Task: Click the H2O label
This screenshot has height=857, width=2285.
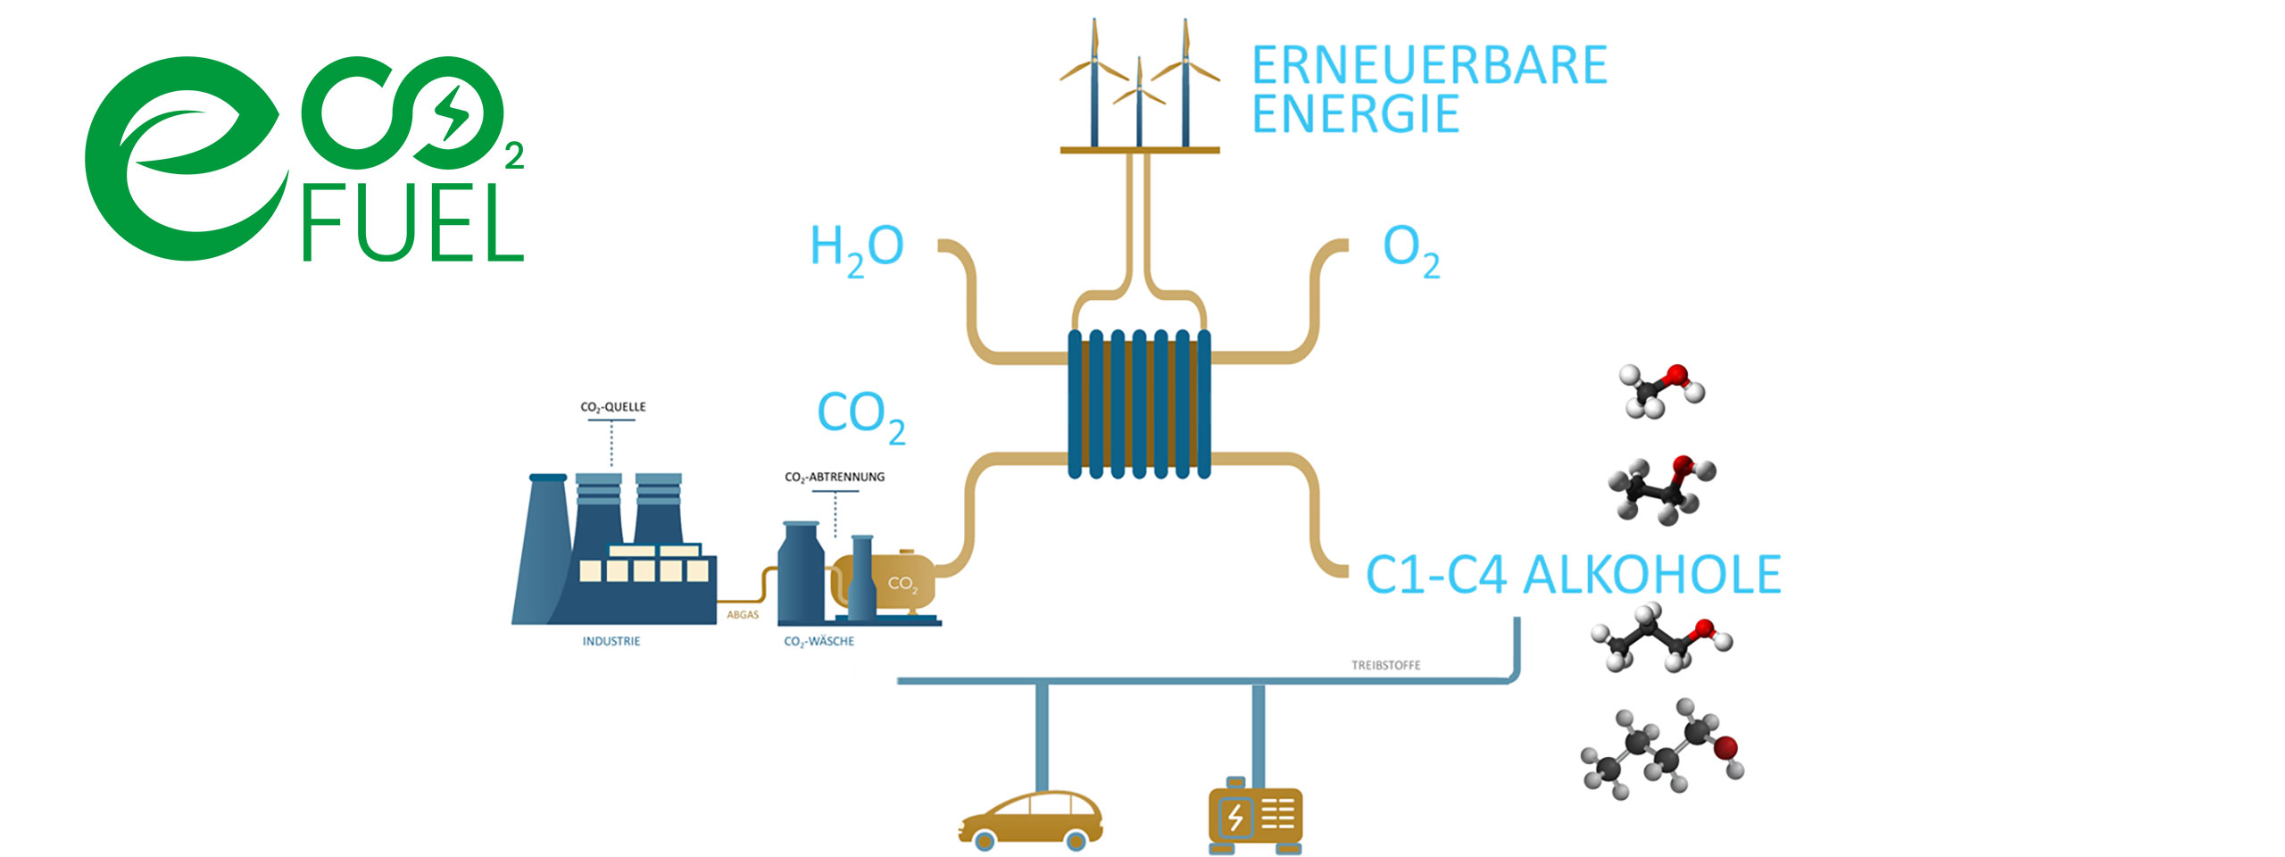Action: (856, 247)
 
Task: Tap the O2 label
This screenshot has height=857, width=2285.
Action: (1410, 249)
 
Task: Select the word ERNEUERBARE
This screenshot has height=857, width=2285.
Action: (1428, 66)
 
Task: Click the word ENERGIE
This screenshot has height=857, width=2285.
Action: (1355, 114)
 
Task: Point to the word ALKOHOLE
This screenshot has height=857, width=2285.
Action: (1651, 575)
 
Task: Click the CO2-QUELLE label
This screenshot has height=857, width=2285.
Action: (612, 407)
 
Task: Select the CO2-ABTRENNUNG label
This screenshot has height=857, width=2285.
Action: (835, 478)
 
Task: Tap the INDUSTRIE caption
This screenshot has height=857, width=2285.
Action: (611, 641)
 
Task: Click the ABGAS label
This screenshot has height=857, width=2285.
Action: (743, 615)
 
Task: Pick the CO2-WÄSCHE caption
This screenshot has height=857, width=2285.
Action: (818, 641)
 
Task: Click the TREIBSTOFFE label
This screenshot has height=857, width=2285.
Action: (1385, 665)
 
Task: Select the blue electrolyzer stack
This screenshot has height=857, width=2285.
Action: (1139, 404)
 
